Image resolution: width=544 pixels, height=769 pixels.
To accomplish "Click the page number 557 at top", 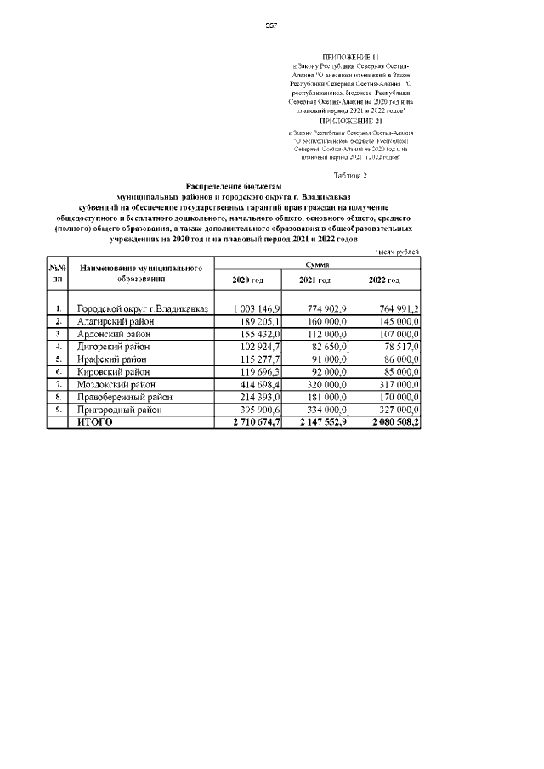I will pyautogui.click(x=271, y=26).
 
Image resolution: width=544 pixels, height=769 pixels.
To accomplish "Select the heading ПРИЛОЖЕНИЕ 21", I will pyautogui.click(x=350, y=122).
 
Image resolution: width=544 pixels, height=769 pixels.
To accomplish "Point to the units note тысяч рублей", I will pyautogui.click(x=397, y=252).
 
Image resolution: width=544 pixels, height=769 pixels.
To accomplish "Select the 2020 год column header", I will pyautogui.click(x=248, y=281).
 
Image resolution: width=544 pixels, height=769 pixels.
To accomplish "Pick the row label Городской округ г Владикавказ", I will pyautogui.click(x=142, y=308).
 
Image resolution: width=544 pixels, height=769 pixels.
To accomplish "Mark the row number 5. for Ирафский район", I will pyautogui.click(x=58, y=359).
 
